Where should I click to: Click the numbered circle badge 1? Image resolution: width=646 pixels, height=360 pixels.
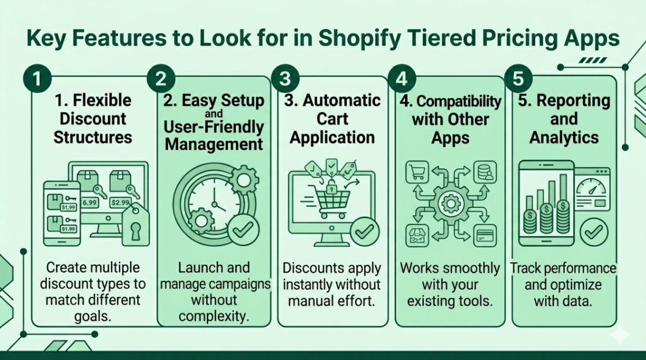click(36, 79)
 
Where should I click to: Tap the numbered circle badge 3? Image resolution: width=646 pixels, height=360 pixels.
click(284, 79)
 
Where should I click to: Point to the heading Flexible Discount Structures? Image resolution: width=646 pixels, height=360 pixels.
click(93, 119)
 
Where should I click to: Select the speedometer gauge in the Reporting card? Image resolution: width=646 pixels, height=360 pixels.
click(592, 188)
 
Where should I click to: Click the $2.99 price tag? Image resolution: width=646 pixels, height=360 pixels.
click(120, 202)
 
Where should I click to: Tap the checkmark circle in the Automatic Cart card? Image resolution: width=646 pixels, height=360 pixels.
click(364, 232)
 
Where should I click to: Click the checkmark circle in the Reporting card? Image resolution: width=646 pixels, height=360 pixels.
click(594, 232)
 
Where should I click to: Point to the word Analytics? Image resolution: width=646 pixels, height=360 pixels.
click(564, 137)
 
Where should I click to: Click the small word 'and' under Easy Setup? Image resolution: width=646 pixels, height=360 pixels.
click(213, 113)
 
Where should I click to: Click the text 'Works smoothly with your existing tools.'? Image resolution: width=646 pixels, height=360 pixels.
click(450, 285)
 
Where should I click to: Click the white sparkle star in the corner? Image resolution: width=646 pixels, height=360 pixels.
click(619, 334)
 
